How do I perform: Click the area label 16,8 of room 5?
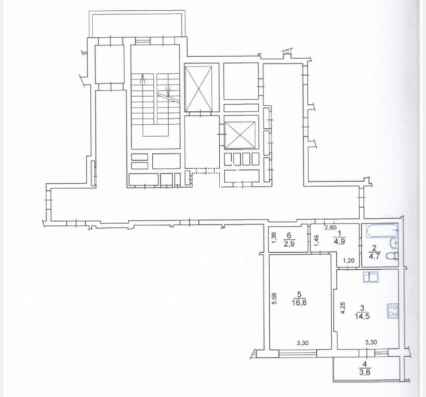pos(299,303)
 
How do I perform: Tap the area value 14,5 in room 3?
pos(362,316)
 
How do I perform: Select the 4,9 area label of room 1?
pos(340,241)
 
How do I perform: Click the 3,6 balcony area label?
pos(365,372)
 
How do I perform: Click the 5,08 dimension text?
pos(274,298)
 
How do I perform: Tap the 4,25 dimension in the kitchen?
pos(343,308)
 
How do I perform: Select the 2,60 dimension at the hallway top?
pos(331,228)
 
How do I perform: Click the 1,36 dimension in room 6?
pos(274,239)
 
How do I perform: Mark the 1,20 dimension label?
pos(349,261)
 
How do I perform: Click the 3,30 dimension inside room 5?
pos(302,343)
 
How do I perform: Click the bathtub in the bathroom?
pos(382,230)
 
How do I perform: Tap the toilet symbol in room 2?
pos(394,256)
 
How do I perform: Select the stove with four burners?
pos(392,311)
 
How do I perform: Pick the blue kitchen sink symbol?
pos(371,277)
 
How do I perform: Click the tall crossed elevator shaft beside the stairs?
pos(198,89)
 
